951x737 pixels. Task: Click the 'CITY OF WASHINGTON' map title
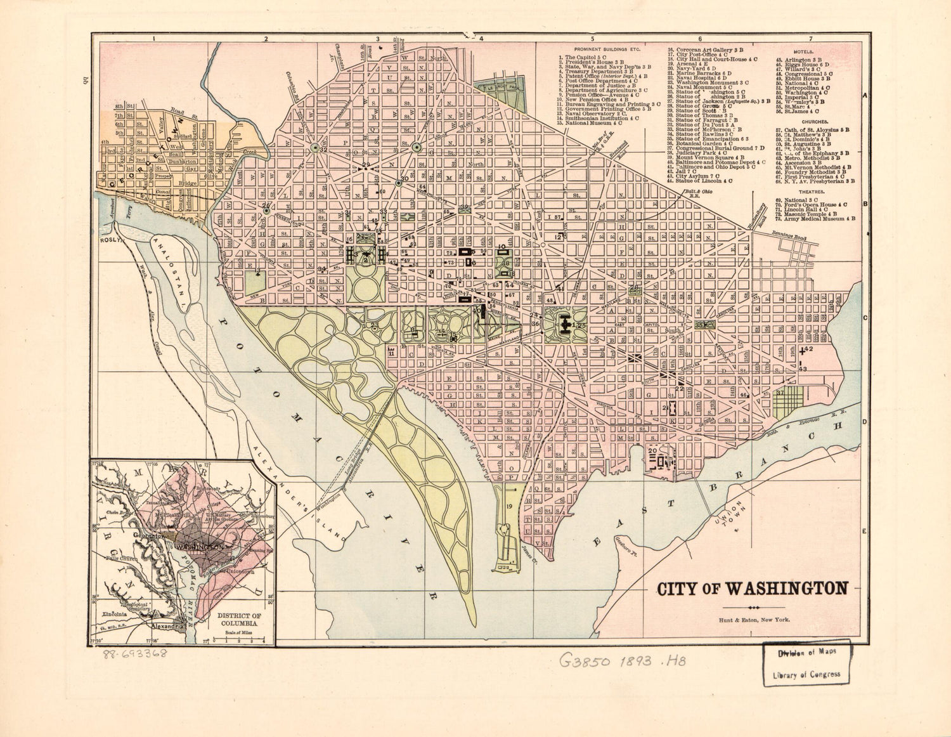click(x=752, y=588)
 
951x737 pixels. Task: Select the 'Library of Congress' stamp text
click(x=806, y=674)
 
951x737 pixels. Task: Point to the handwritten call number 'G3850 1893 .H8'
click(x=623, y=661)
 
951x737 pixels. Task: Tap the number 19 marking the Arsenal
click(x=509, y=505)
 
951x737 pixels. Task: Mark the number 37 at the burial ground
click(x=780, y=393)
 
